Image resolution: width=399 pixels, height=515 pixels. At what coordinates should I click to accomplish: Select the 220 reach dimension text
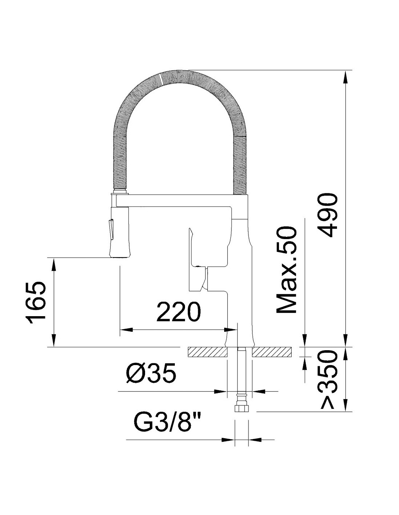178,311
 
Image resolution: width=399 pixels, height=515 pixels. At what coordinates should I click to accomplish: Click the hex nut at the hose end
241,408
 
